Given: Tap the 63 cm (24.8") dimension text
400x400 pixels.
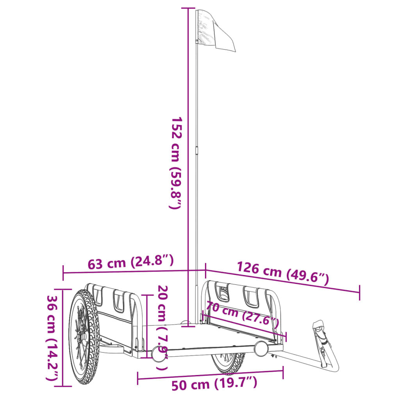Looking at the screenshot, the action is pyautogui.click(x=130, y=262).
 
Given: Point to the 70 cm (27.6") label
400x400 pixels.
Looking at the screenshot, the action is pyautogui.click(x=242, y=316).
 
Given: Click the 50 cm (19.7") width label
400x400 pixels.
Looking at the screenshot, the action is pyautogui.click(x=214, y=384).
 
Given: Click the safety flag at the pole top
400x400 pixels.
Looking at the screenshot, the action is pyautogui.click(x=215, y=29).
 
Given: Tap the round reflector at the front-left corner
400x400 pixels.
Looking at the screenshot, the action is pyautogui.click(x=159, y=354).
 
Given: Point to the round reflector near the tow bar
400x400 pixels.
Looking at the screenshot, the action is pyautogui.click(x=261, y=348).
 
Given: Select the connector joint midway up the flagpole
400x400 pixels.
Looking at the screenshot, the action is pyautogui.click(x=197, y=150).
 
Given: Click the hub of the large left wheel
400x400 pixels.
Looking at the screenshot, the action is pyautogui.click(x=82, y=337).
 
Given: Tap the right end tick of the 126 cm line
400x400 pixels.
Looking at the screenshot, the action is pyautogui.click(x=359, y=293).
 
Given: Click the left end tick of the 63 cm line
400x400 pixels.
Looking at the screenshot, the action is pyautogui.click(x=63, y=273).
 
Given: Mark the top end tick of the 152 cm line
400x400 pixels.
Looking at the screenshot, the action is pyautogui.click(x=188, y=8).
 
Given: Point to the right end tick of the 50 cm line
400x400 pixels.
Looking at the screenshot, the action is pyautogui.click(x=283, y=373).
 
